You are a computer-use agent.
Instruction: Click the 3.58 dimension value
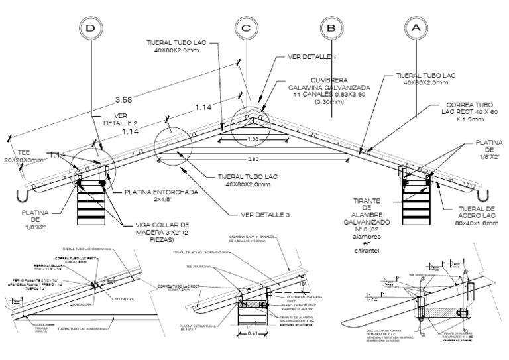pos(123,99)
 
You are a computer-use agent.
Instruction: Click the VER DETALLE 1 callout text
pos(312,57)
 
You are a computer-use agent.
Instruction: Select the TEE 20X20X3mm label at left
pos(23,155)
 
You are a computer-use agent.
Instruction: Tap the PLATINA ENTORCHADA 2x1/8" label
pos(160,196)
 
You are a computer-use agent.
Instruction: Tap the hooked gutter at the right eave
pos(486,196)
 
